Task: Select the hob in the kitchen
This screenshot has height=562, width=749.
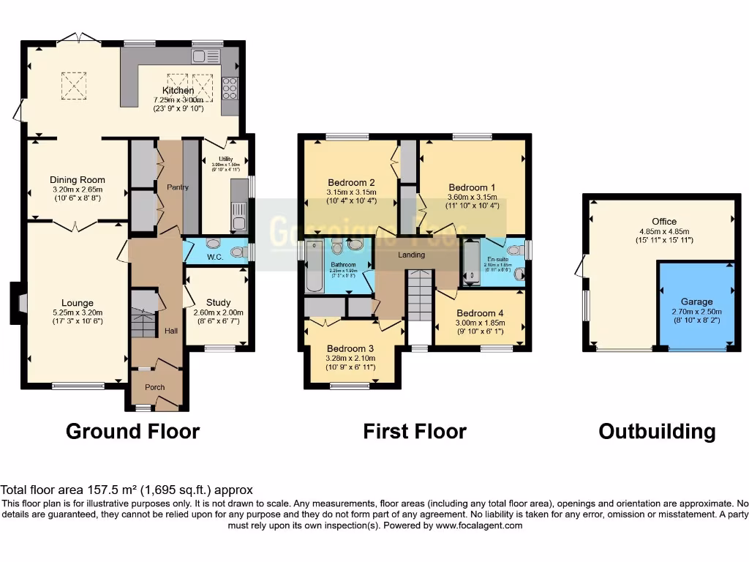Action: coord(230,87)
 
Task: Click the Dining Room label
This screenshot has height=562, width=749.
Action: coord(78,180)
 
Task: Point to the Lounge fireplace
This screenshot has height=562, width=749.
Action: coord(17,302)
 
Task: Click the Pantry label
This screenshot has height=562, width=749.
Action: coord(177,187)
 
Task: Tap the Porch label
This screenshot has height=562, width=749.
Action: coord(154,387)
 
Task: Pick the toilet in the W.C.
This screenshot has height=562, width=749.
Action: coord(236,252)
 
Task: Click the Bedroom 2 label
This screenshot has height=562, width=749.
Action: coord(351,183)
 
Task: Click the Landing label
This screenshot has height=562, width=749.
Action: coord(411,255)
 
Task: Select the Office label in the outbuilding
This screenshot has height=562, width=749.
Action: coord(664,221)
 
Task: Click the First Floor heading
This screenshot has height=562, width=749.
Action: coord(414,432)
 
